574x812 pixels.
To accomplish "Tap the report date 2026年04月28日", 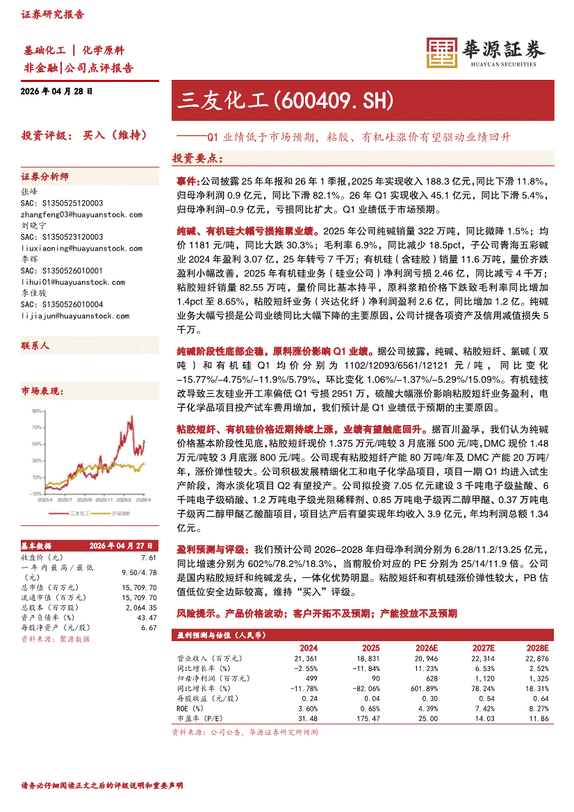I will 57,91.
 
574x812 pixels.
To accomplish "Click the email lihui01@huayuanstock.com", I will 73,282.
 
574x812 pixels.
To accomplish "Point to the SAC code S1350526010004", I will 62,304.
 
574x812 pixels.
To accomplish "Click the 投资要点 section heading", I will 197,159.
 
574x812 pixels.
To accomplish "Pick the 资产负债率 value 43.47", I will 147,618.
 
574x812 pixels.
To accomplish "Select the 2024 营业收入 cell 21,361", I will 306,658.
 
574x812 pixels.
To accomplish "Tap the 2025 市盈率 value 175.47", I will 366,718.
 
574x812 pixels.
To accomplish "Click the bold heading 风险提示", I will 198,613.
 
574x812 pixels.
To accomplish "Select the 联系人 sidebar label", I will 35,345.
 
